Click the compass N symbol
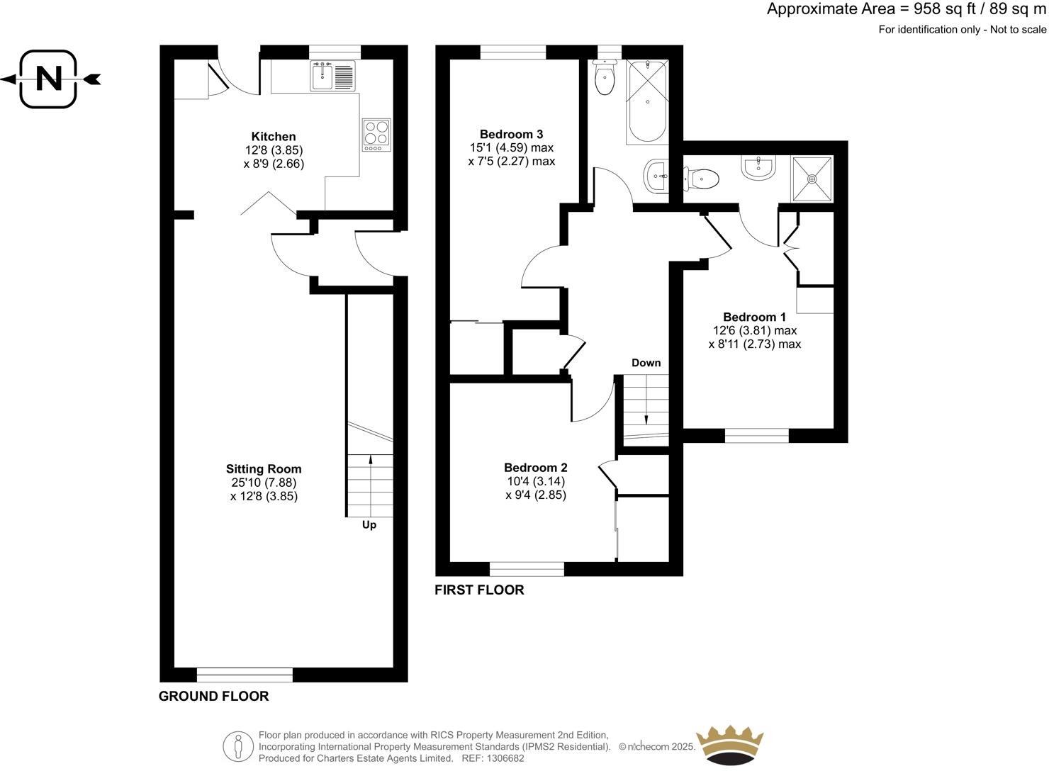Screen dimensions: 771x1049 pyautogui.click(x=48, y=79)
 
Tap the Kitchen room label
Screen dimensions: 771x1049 pyautogui.click(x=274, y=137)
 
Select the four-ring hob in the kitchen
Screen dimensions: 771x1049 pyautogui.click(x=376, y=134)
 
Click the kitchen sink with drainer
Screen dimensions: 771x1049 pyautogui.click(x=332, y=76)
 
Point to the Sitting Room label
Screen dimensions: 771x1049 pyautogui.click(x=264, y=469)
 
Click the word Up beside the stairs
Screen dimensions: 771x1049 pyautogui.click(x=369, y=525)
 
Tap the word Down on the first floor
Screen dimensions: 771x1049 pyautogui.click(x=646, y=363)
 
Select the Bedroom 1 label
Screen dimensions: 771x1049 pyautogui.click(x=754, y=317)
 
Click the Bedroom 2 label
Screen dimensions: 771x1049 pyautogui.click(x=535, y=468)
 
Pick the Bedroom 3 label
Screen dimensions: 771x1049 pyautogui.click(x=511, y=134)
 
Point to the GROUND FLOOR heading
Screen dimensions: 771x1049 pyautogui.click(x=213, y=696)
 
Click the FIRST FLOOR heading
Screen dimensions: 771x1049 pyautogui.click(x=479, y=590)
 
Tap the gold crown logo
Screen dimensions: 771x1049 pyautogui.click(x=730, y=745)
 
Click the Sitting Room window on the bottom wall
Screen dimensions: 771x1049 pyautogui.click(x=245, y=674)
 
